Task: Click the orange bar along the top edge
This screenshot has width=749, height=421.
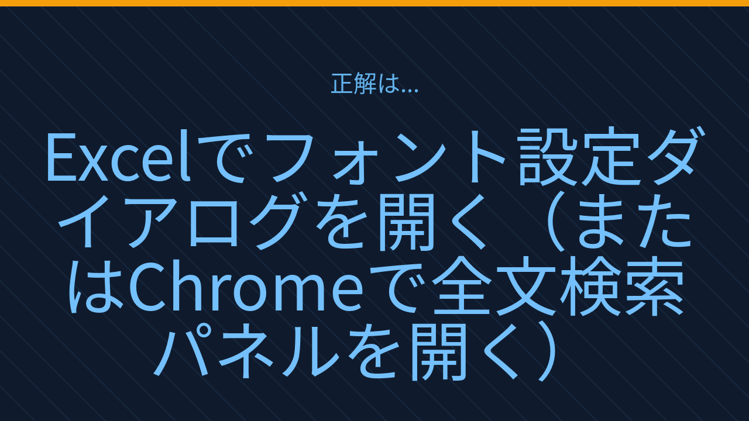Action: point(374,3)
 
